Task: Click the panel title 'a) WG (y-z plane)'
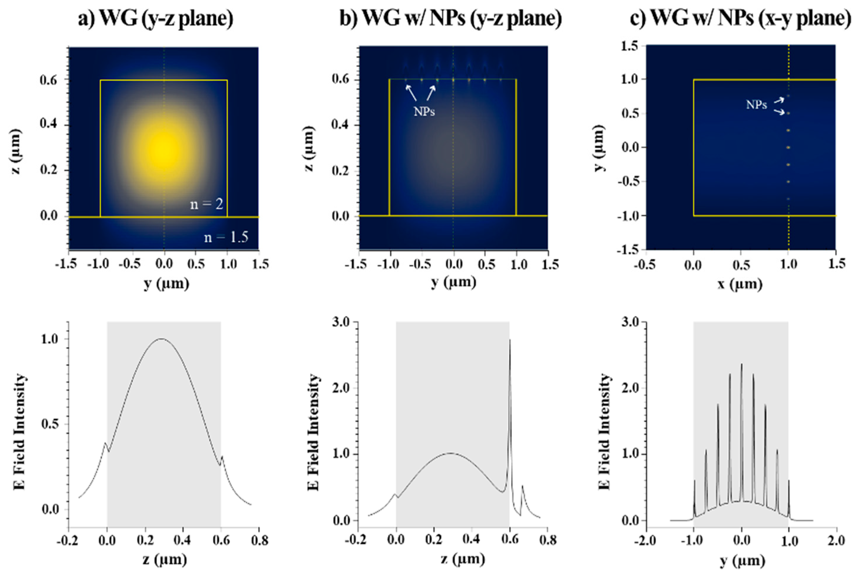point(156,18)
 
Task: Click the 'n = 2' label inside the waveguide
point(206,204)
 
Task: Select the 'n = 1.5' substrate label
point(226,237)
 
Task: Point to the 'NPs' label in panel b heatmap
point(424,112)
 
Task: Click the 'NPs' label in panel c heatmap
point(756,105)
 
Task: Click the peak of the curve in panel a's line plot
point(161,339)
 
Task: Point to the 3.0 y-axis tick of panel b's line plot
point(341,322)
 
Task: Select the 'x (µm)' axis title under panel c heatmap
point(740,284)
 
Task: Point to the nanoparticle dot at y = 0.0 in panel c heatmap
point(788,148)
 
